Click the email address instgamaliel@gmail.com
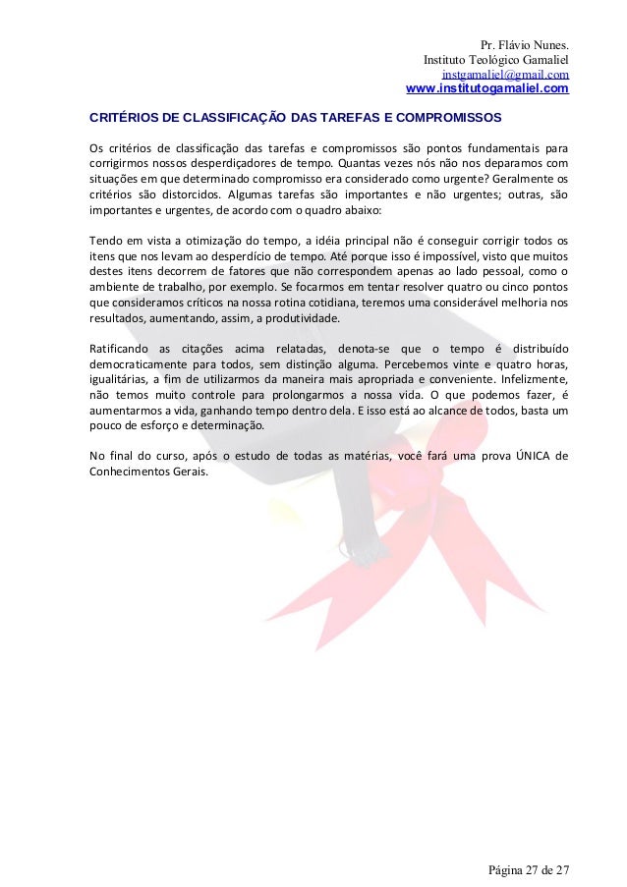[505, 75]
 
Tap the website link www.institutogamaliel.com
[486, 89]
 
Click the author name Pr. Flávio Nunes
[524, 45]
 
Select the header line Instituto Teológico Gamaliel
[495, 60]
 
